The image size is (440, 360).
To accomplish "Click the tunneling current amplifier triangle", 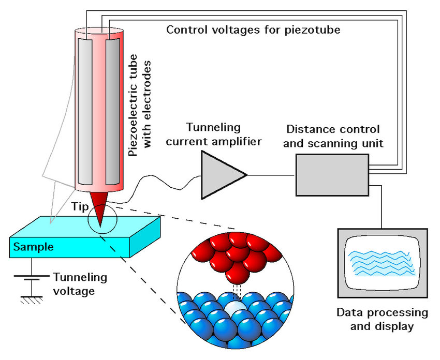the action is click(x=221, y=175).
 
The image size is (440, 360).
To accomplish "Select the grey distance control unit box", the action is click(x=332, y=175).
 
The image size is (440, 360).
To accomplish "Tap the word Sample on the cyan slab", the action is click(x=34, y=247).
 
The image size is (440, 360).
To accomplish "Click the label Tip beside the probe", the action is click(x=80, y=206).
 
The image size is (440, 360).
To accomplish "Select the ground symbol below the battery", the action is click(x=32, y=300).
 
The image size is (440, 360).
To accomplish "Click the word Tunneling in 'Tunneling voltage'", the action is click(x=80, y=277).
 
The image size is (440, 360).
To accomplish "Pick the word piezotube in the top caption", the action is click(x=313, y=30).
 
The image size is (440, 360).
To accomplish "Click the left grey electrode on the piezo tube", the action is click(x=85, y=111).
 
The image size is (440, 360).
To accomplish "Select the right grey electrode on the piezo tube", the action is click(x=112, y=111).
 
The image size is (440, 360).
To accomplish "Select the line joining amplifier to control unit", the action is click(x=271, y=175).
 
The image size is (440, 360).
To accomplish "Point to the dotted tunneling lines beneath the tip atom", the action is click(x=238, y=292).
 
